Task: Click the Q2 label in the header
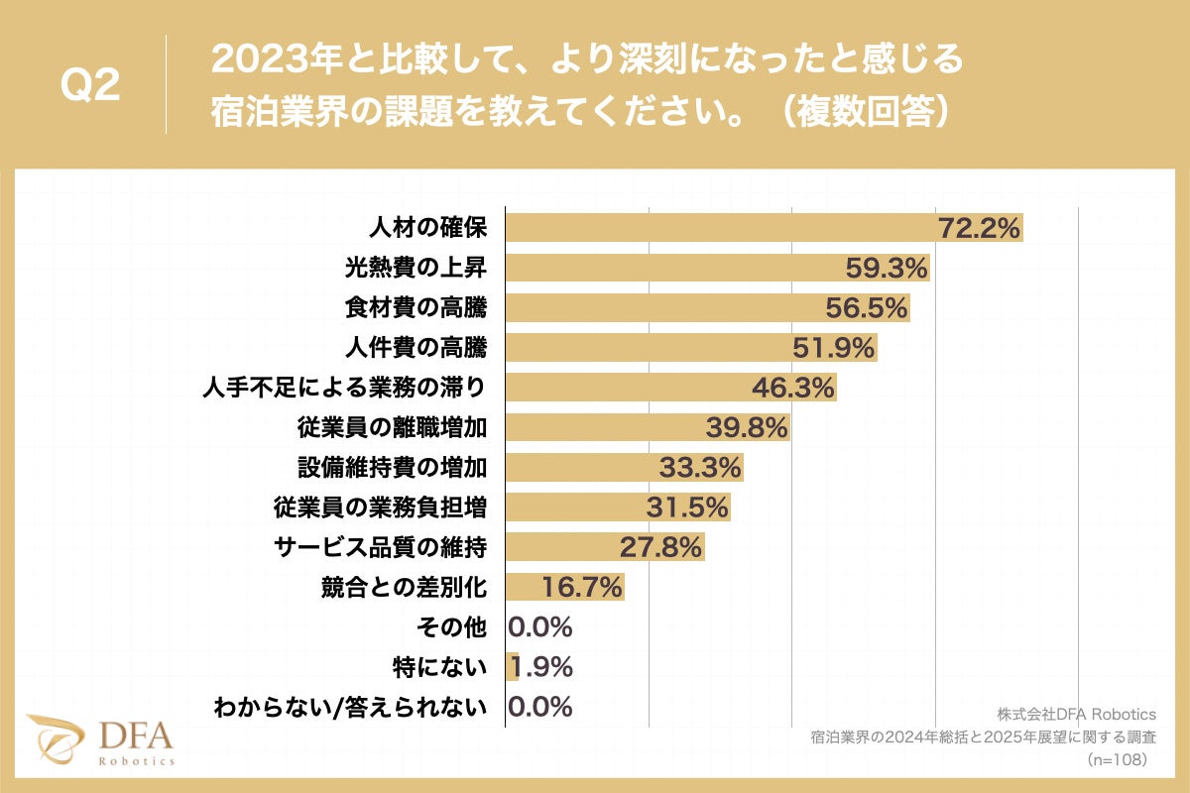tap(90, 85)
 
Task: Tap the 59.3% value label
tap(887, 268)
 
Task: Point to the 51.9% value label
tap(834, 348)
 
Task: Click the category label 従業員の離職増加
tap(393, 427)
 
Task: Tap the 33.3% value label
tap(701, 467)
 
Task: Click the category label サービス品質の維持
tap(381, 547)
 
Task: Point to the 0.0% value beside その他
tap(540, 626)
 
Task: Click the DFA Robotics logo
tap(100, 739)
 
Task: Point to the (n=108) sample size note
tap(1117, 759)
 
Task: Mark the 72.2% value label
tap(980, 228)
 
